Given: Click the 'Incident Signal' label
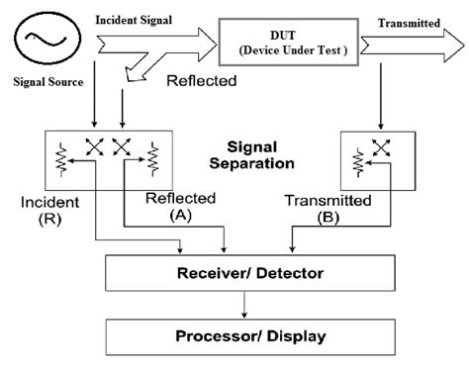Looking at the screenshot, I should (x=133, y=20).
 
